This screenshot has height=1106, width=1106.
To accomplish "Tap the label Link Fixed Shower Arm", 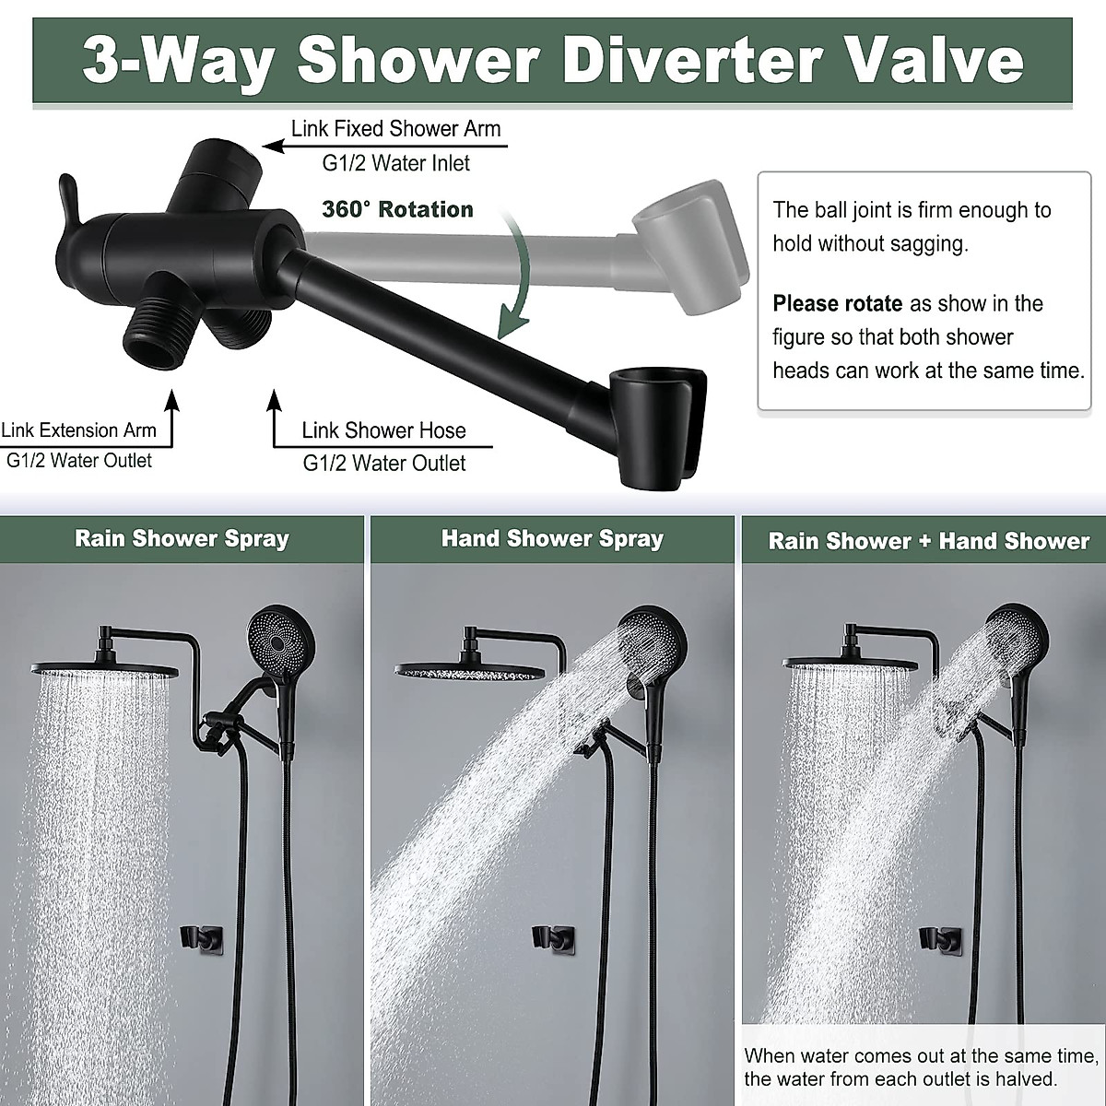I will click(x=395, y=129).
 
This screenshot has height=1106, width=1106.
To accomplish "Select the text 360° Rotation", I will click(x=397, y=209).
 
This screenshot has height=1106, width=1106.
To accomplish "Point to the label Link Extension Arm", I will click(x=79, y=430).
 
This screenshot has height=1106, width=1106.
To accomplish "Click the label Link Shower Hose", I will click(x=383, y=430).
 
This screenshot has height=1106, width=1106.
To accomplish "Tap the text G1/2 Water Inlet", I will click(x=395, y=164).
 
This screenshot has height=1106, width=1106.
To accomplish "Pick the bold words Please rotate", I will click(x=837, y=304).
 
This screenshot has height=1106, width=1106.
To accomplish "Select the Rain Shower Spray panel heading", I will click(x=182, y=539).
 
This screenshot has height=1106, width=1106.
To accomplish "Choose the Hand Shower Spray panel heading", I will click(x=552, y=539).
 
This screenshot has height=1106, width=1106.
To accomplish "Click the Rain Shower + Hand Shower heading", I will click(x=928, y=541).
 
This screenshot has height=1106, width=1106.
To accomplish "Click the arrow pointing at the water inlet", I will click(x=276, y=145).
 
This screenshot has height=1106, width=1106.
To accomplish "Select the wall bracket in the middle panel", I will click(x=554, y=938).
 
